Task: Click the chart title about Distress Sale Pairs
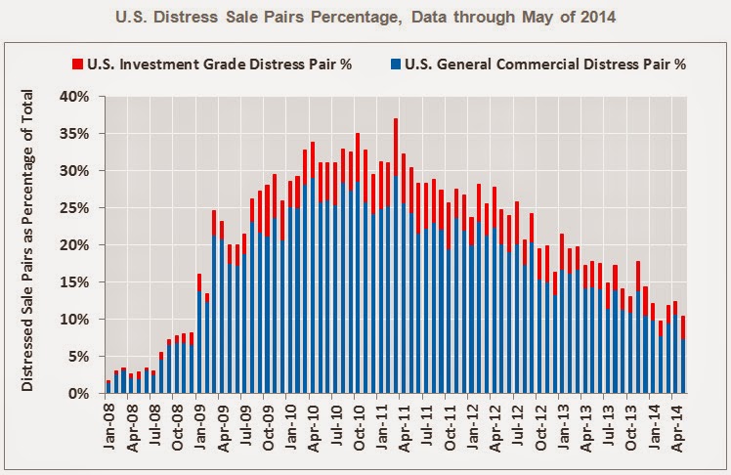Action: (365, 17)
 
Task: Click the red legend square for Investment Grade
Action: (77, 65)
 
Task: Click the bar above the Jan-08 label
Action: (108, 387)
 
